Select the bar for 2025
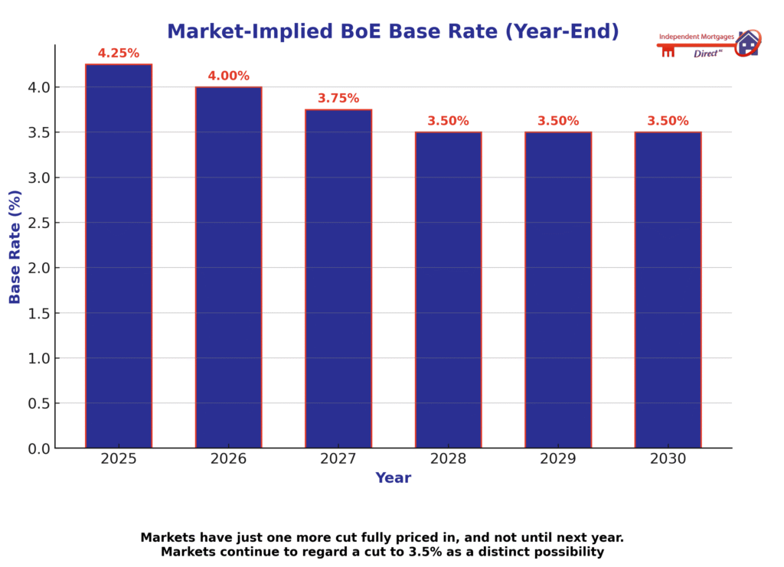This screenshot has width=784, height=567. click(119, 256)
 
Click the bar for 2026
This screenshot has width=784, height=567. click(228, 268)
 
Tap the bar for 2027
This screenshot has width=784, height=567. click(338, 279)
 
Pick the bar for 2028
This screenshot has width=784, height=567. click(448, 291)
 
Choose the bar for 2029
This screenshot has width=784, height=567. click(558, 291)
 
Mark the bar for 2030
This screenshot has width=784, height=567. click(668, 291)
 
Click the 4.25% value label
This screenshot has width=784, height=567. click(119, 54)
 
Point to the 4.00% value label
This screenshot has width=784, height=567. click(228, 76)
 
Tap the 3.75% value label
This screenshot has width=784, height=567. click(338, 99)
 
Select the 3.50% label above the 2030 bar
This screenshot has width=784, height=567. click(668, 121)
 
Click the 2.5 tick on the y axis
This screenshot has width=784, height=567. click(38, 223)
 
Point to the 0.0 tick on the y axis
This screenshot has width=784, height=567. click(38, 448)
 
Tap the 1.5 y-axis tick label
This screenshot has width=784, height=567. click(38, 313)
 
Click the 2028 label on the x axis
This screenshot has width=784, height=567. click(448, 459)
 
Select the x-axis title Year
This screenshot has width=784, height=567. click(393, 478)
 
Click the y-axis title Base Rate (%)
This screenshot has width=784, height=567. click(15, 246)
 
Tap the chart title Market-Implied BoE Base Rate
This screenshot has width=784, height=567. click(393, 31)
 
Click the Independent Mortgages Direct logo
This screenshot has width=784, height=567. click(708, 44)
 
